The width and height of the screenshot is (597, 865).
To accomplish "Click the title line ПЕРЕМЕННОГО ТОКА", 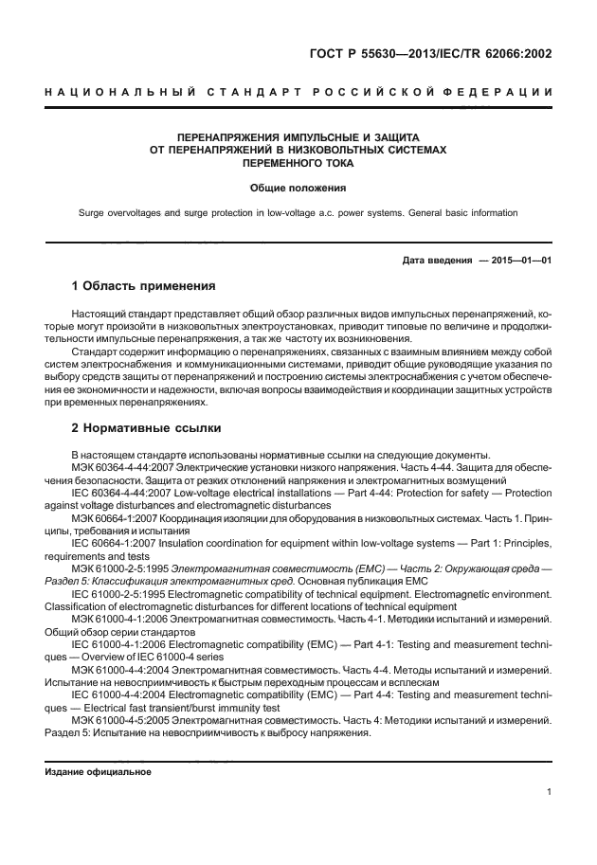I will pyautogui.click(x=298, y=162).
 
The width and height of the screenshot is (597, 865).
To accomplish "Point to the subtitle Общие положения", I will pyautogui.click(x=298, y=188).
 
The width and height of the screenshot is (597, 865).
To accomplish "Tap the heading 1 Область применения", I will pyautogui.click(x=144, y=285).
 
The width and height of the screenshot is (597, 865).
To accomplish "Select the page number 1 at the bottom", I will pyautogui.click(x=550, y=792).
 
